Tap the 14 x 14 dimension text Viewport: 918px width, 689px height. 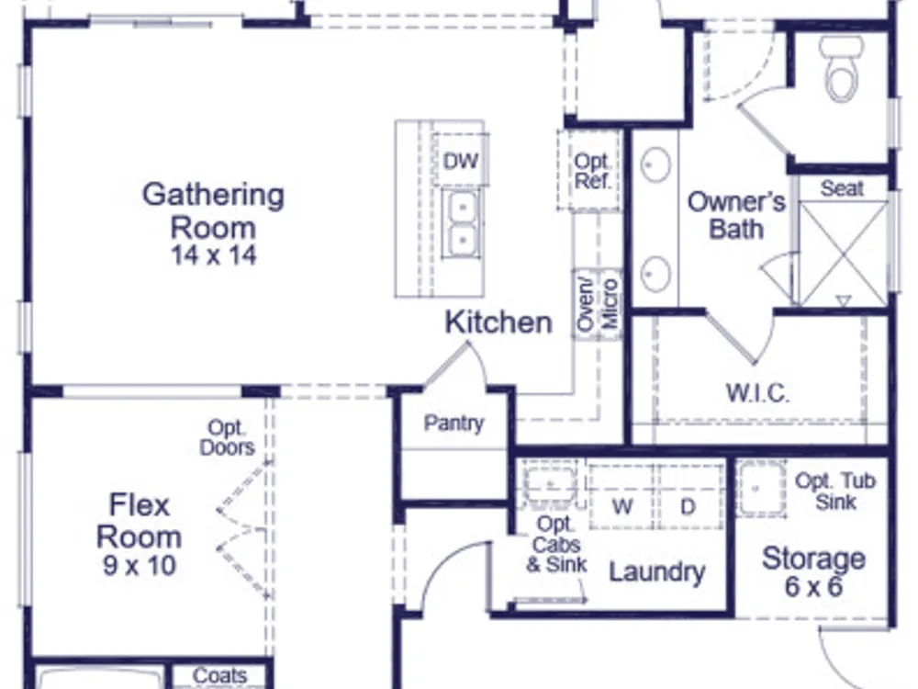pyautogui.click(x=214, y=255)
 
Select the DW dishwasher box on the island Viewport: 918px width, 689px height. pyautogui.click(x=461, y=160)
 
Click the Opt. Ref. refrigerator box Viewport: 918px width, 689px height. pyautogui.click(x=590, y=171)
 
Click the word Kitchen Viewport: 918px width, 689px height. pyautogui.click(x=498, y=322)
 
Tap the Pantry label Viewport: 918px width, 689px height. pyautogui.click(x=453, y=423)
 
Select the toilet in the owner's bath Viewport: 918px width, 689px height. pyautogui.click(x=842, y=69)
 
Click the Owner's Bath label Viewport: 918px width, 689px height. pyautogui.click(x=736, y=215)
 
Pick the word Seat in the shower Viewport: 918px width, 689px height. pyautogui.click(x=842, y=188)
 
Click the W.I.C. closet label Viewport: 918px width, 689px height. pyautogui.click(x=757, y=392)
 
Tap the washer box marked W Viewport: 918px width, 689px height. pyautogui.click(x=622, y=497)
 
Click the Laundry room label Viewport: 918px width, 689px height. pyautogui.click(x=657, y=572)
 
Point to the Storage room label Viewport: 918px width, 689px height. pyautogui.click(x=813, y=559)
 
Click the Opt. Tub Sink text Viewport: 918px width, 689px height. pyautogui.click(x=835, y=491)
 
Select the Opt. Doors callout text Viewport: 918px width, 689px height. pyautogui.click(x=227, y=438)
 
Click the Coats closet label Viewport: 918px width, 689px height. pyautogui.click(x=220, y=675)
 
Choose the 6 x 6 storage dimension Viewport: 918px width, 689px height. pyautogui.click(x=813, y=587)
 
